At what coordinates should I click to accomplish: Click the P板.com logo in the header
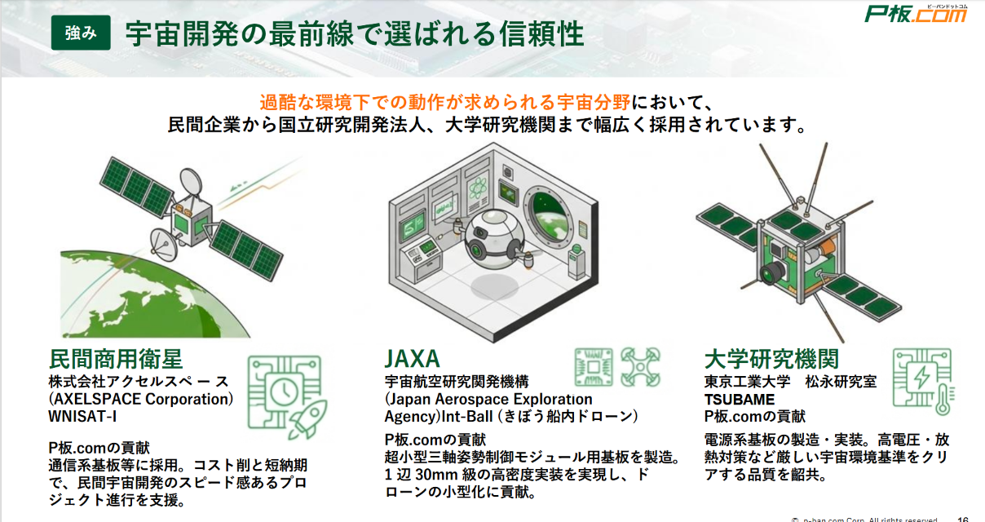pyautogui.click(x=915, y=14)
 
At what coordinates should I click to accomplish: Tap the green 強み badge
pyautogui.click(x=82, y=33)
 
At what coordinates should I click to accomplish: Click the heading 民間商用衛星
pyautogui.click(x=116, y=358)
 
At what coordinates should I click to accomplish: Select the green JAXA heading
pyautogui.click(x=412, y=358)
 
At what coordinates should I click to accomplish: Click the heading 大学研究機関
pyautogui.click(x=771, y=359)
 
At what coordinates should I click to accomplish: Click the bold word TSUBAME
pyautogui.click(x=740, y=399)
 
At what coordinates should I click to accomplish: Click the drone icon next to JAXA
pyautogui.click(x=638, y=367)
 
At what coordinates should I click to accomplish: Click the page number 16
pyautogui.click(x=962, y=518)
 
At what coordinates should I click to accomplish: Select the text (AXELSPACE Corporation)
pyautogui.click(x=141, y=399)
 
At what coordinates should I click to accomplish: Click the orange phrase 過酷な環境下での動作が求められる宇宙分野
pyautogui.click(x=444, y=103)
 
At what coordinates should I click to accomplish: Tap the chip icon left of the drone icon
pyautogui.click(x=593, y=367)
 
